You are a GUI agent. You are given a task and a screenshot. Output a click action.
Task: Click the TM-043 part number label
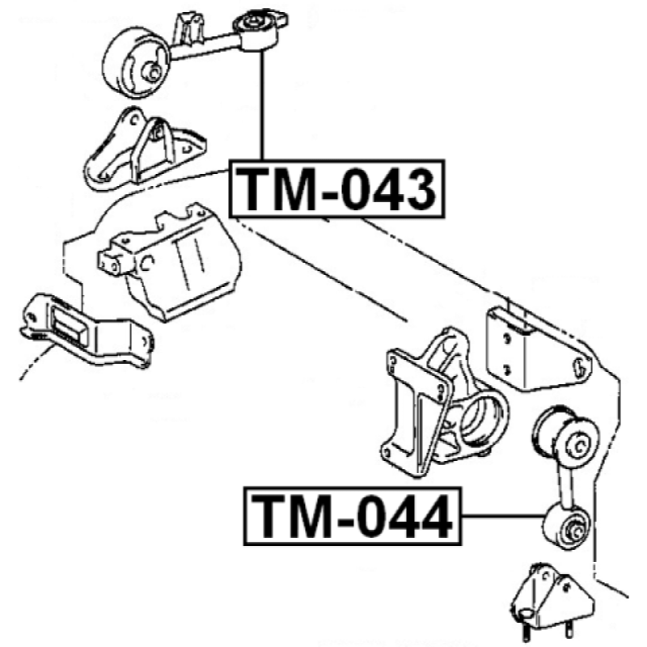(337, 188)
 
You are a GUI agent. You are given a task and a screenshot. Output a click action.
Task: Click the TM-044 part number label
(353, 516)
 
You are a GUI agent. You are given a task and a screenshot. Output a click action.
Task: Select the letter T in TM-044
(269, 516)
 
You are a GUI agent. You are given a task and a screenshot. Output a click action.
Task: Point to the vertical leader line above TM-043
(261, 105)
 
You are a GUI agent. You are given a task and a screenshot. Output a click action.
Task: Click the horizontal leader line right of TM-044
(503, 516)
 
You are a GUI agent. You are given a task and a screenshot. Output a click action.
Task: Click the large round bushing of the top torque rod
(135, 63)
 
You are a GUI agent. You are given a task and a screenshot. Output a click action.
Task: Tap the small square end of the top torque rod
(260, 30)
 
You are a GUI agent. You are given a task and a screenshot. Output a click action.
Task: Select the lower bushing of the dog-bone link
(568, 525)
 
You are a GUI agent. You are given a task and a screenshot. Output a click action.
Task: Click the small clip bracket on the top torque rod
(189, 28)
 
